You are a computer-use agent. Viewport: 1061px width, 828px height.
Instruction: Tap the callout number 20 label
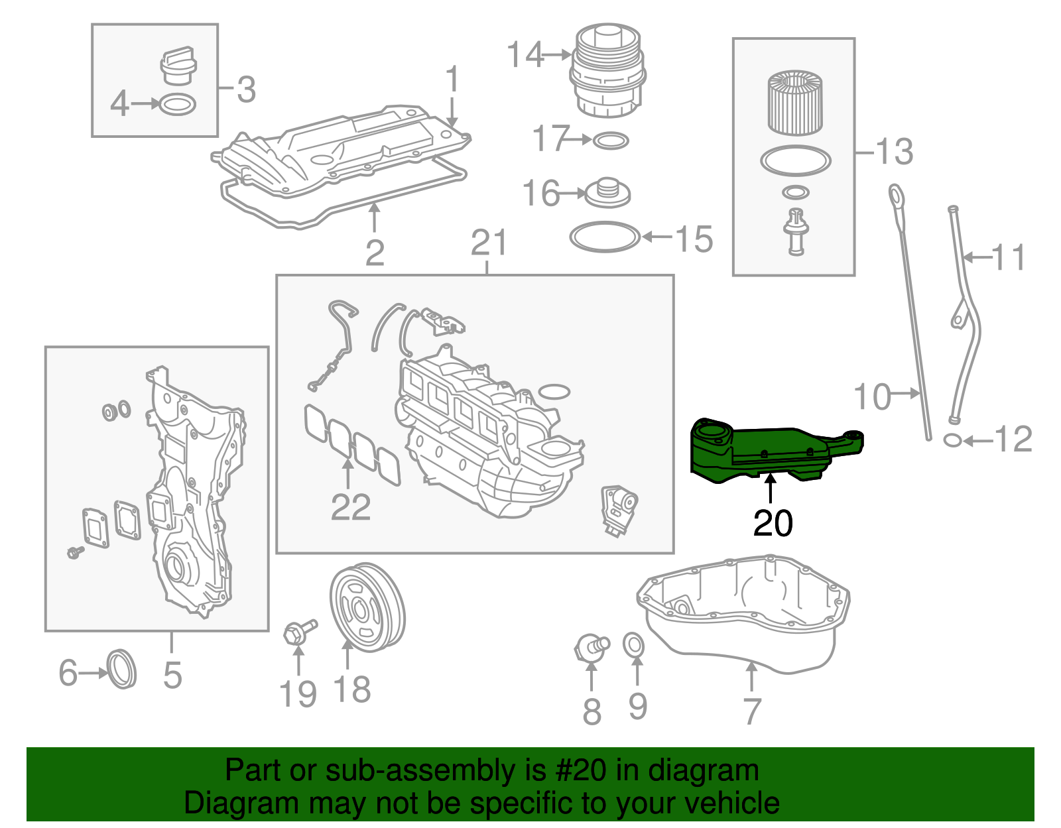coord(773,524)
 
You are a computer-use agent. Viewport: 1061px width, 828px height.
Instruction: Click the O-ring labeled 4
coord(178,105)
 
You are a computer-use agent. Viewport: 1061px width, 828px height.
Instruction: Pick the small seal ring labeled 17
coord(610,141)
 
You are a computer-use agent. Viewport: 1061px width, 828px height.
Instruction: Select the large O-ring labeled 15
coord(605,237)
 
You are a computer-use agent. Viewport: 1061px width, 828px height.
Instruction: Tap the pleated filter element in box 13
coord(794,103)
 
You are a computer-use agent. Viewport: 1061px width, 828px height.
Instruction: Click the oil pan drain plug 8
coord(590,646)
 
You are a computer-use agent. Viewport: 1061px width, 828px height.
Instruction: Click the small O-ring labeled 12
coord(952,440)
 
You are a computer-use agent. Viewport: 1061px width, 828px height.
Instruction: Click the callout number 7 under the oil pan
coord(751,711)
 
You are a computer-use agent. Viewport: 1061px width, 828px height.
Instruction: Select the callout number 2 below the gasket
coord(375,253)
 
